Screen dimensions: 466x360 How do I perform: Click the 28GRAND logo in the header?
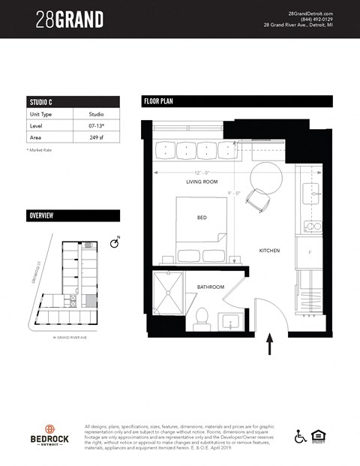click(x=70, y=20)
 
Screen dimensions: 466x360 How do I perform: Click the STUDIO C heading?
click(x=41, y=102)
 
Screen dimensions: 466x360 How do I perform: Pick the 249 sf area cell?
click(x=95, y=139)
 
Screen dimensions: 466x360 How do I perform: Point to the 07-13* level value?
click(x=95, y=127)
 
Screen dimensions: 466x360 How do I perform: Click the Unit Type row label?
click(x=40, y=114)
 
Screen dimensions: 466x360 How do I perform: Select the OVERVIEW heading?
click(x=41, y=216)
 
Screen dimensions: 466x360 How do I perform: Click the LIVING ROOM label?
click(x=202, y=182)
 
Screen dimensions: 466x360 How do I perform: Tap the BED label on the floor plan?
click(x=202, y=218)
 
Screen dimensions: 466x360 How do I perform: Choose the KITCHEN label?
click(x=269, y=251)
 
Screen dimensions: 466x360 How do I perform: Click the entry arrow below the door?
click(x=270, y=346)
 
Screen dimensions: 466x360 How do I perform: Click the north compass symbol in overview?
click(x=114, y=244)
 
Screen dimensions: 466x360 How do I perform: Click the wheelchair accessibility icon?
click(x=301, y=436)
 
